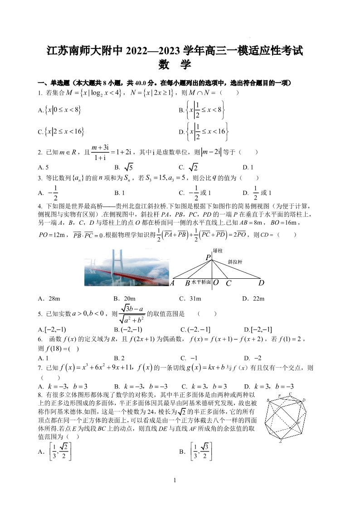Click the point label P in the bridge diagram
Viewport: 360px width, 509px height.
pos(208,257)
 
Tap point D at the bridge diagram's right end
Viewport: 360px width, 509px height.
pos(261,283)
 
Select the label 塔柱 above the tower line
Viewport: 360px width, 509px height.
pos(218,250)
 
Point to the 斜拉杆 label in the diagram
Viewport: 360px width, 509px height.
pos(235,262)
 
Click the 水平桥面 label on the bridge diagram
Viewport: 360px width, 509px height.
pos(201,282)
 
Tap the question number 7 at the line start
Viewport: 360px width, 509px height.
pos(40,368)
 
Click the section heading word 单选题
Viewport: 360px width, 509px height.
pos(60,83)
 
